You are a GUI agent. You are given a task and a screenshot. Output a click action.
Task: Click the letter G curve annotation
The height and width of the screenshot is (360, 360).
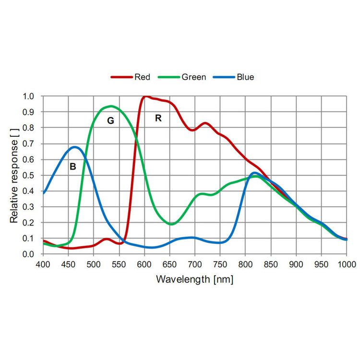click(x=110, y=121)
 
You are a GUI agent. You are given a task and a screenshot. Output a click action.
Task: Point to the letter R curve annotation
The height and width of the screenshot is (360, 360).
click(x=158, y=118)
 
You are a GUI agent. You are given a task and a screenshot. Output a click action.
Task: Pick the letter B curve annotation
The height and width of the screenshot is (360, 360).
click(x=73, y=167)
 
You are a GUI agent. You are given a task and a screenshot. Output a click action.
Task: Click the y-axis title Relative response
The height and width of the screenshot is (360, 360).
click(x=15, y=175)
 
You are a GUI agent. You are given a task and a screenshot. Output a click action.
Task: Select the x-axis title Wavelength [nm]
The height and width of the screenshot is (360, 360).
click(x=194, y=279)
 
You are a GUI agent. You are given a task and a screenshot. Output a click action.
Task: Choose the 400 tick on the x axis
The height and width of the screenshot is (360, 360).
click(x=43, y=264)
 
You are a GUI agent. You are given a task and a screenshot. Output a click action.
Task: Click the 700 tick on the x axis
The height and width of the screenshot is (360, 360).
click(x=194, y=264)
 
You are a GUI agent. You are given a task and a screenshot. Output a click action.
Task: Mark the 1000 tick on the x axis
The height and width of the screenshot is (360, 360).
click(x=346, y=264)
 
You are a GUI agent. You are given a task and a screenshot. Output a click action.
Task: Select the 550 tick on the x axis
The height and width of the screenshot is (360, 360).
click(x=119, y=264)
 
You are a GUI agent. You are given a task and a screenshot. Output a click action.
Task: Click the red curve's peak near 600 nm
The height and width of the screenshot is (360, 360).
click(x=145, y=96)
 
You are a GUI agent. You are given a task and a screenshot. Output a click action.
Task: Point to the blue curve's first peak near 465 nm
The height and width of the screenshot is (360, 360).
click(x=75, y=147)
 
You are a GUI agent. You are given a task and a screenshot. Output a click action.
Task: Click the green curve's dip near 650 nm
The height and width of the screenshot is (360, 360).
click(x=172, y=224)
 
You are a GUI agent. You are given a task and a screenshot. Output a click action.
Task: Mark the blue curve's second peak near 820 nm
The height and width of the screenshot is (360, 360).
click(x=254, y=173)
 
